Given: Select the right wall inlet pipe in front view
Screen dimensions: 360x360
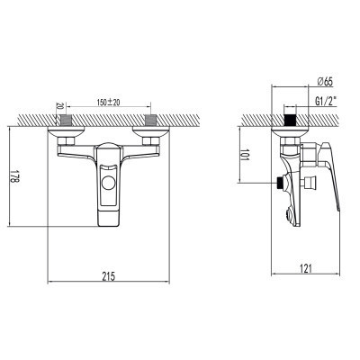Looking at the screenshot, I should (x=151, y=118).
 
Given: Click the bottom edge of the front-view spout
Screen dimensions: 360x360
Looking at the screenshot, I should (x=110, y=222).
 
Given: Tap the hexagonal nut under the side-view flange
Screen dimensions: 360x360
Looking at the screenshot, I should (x=291, y=143).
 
